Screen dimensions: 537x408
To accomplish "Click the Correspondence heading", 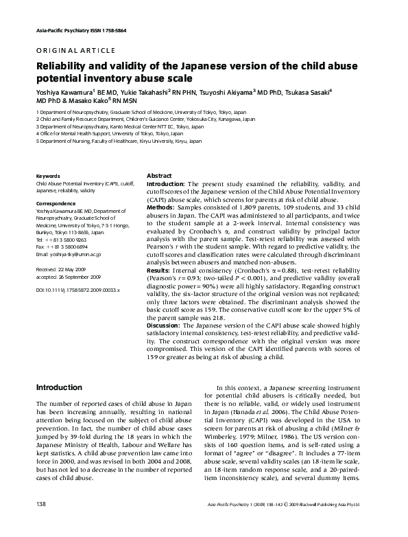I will pos(57,204).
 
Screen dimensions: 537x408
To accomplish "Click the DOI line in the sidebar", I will pos(77,291).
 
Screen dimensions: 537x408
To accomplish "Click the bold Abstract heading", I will pos(159,176).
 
